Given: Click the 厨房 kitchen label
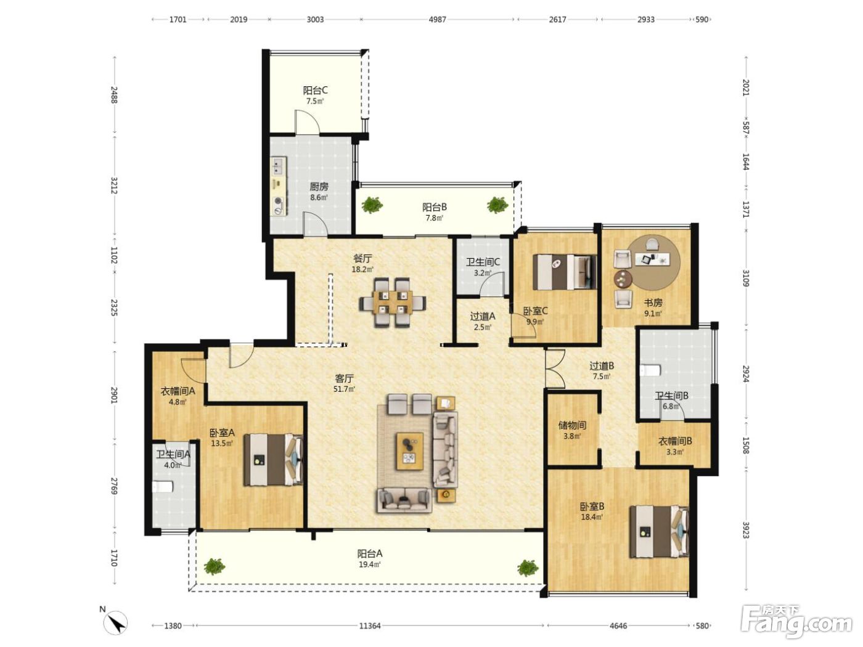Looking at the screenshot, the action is (x=319, y=187).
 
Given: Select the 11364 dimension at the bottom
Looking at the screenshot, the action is (x=370, y=626).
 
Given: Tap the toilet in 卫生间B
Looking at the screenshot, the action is (x=651, y=371).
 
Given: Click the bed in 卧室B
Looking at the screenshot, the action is (x=660, y=532).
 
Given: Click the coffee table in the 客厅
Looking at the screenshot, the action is (x=410, y=451).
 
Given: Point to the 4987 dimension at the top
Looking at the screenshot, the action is (x=437, y=19).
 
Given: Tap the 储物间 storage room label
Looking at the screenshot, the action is (x=572, y=425).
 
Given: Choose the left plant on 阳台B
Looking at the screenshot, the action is (x=372, y=205).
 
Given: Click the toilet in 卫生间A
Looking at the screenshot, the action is (x=163, y=487).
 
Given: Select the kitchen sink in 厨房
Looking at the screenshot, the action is (x=279, y=165).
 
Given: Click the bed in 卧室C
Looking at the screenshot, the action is (x=565, y=272).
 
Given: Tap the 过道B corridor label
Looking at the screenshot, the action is (x=602, y=366).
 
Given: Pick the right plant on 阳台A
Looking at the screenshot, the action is (x=528, y=568).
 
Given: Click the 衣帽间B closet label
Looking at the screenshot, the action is (x=675, y=441).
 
